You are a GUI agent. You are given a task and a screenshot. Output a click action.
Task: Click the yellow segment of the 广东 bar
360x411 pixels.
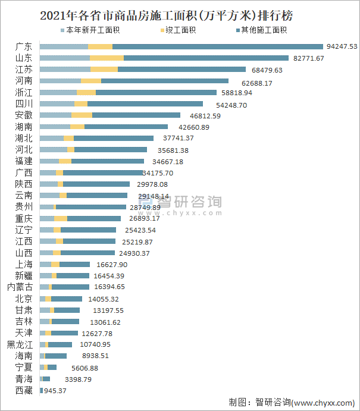pos(100,46)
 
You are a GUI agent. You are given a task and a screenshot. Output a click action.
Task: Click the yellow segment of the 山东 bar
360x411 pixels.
pos(107,58)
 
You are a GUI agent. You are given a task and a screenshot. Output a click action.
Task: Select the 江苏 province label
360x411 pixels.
pos(24,70)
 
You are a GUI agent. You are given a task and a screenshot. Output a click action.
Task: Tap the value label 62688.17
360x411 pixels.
pos(252,81)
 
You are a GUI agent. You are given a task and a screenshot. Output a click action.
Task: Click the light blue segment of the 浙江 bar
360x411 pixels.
pos(58,93)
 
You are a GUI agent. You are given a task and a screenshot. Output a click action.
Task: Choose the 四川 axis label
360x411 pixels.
pos(24,104)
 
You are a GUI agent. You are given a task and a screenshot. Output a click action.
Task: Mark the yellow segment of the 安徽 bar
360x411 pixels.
pos(82,115)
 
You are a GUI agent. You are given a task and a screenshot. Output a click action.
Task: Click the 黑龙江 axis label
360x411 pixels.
pos(20,344)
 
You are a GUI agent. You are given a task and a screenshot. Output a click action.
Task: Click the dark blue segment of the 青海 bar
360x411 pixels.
pos(46,379)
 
